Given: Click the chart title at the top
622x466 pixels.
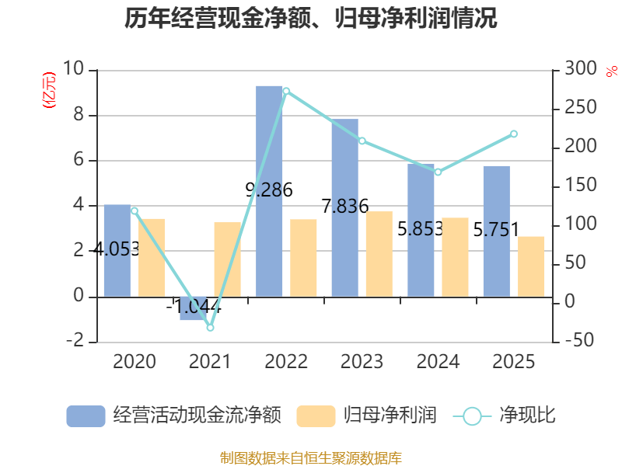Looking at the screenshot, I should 311,19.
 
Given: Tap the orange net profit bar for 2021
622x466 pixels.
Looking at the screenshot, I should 227,259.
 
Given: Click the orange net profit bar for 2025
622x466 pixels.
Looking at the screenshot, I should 531,266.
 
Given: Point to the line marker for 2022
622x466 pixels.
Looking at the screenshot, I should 286,91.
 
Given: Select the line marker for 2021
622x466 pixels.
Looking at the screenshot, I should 210,328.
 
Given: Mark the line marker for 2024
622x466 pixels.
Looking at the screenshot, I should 438,172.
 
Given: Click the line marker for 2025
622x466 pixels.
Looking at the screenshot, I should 514,134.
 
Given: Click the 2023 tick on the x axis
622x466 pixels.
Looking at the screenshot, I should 362,362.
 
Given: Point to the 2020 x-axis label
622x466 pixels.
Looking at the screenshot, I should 134,362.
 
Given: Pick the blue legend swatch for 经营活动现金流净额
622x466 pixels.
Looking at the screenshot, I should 86,416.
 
